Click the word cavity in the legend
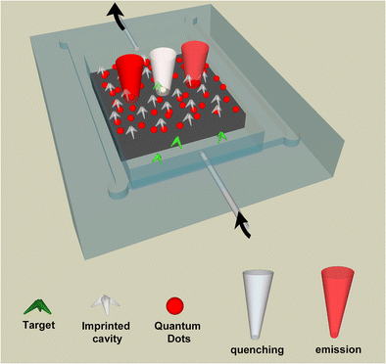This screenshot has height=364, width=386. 101,333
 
